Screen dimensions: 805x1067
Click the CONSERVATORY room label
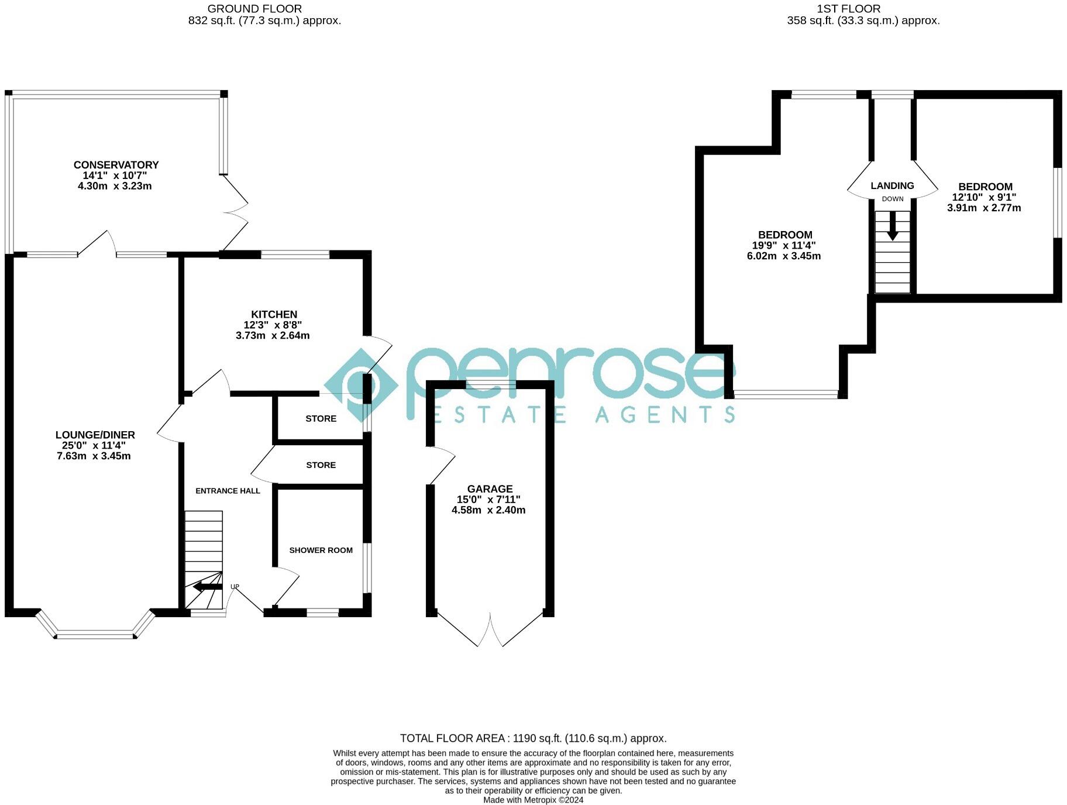click(x=116, y=165)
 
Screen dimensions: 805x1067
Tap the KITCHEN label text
click(x=274, y=314)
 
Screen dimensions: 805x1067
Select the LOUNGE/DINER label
click(x=95, y=435)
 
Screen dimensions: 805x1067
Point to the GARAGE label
click(x=490, y=488)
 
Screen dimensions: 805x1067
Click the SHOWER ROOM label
click(x=321, y=550)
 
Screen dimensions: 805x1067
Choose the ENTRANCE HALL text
click(x=228, y=491)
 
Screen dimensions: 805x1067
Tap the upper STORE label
click(x=321, y=418)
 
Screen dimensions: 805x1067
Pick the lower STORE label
click(x=321, y=465)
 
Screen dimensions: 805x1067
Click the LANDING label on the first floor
click(x=892, y=185)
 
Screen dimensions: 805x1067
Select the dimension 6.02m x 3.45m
click(x=783, y=256)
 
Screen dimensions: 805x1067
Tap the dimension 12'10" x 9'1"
click(x=984, y=197)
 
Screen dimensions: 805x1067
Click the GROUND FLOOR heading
click(x=254, y=9)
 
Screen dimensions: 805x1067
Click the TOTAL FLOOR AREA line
click(x=533, y=738)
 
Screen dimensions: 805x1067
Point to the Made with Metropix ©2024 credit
click(x=533, y=800)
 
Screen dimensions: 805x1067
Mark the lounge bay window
click(x=95, y=634)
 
